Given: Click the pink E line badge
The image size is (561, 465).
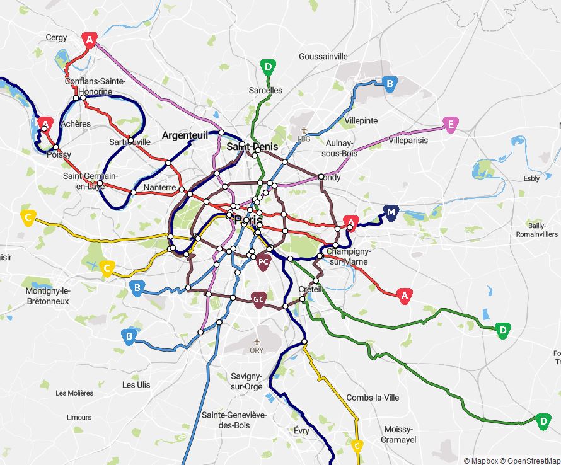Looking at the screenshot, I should [449, 125].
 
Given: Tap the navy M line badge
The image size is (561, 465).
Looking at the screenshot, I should [391, 212].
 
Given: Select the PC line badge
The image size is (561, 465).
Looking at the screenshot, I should [264, 261].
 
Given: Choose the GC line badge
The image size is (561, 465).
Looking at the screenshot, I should [258, 299].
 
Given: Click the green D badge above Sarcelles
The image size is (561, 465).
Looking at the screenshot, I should [268, 67].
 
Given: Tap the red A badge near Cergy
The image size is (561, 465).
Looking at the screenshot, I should [90, 40].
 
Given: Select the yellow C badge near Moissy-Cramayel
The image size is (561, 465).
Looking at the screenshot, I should [357, 447].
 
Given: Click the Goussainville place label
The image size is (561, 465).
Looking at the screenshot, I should [323, 56].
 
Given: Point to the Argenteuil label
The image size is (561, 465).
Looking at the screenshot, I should [185, 135].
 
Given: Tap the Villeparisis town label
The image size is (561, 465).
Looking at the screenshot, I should [408, 141].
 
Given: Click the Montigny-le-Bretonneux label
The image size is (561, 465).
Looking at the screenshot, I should [47, 296].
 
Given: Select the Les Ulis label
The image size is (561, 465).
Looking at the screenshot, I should [136, 384].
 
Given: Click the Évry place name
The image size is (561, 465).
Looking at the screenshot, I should [301, 431].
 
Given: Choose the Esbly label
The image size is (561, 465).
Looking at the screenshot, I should [531, 178].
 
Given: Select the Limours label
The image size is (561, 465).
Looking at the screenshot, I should [79, 417].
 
